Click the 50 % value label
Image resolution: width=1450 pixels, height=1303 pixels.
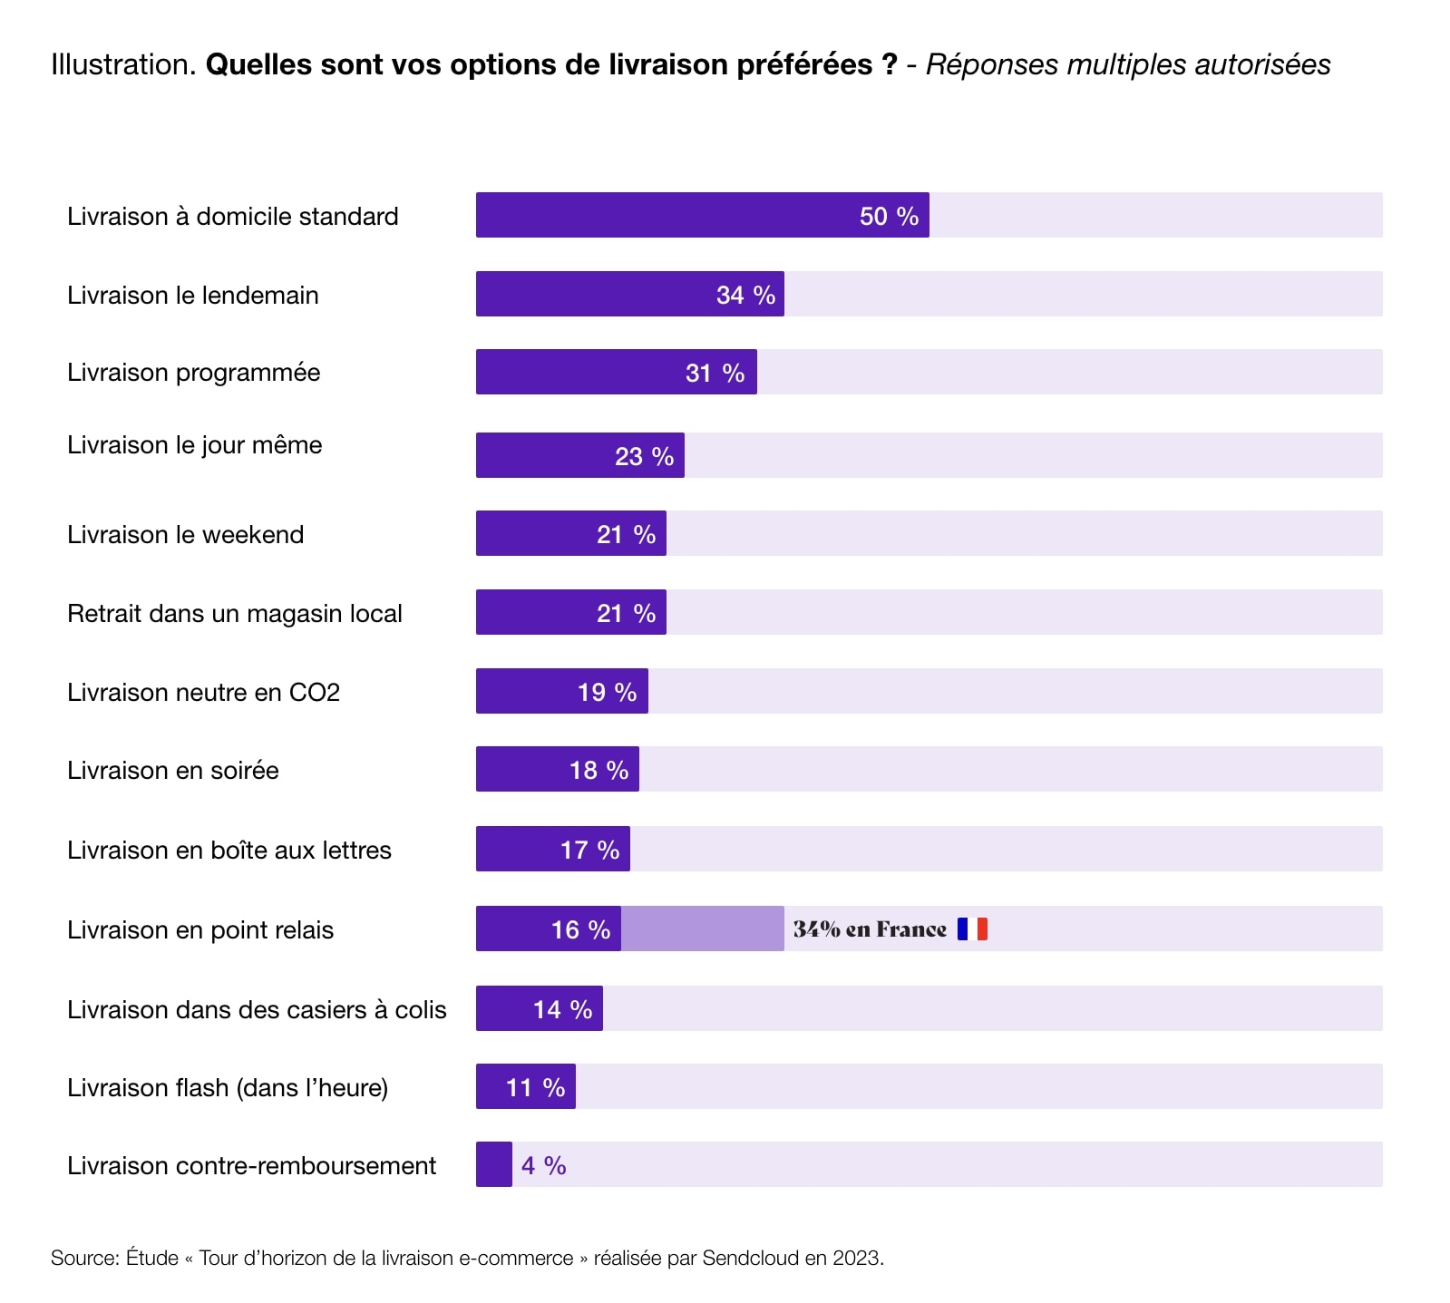[889, 216]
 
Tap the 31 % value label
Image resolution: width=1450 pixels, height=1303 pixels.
[715, 373]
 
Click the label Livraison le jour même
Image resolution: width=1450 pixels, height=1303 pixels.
[194, 445]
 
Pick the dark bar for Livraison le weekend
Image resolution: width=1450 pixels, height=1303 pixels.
[535, 533]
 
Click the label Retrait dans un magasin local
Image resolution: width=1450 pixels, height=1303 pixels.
[234, 614]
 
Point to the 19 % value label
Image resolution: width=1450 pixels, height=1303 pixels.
[607, 693]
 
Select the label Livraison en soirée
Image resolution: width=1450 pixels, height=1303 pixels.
[172, 771]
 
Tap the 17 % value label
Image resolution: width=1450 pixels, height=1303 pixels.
[589, 851]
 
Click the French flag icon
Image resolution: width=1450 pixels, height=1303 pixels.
[972, 929]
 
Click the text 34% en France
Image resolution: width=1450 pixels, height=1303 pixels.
[869, 929]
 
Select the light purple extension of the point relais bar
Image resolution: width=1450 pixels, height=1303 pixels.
[702, 929]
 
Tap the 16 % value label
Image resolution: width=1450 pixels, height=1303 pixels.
[580, 929]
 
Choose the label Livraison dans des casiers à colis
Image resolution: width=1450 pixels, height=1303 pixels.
[257, 1010]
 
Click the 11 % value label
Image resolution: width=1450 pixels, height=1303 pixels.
[535, 1087]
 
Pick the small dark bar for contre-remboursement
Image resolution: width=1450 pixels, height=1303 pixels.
[494, 1164]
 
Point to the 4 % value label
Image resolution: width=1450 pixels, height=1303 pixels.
[543, 1165]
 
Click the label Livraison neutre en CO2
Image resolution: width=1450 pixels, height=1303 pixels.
[203, 693]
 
